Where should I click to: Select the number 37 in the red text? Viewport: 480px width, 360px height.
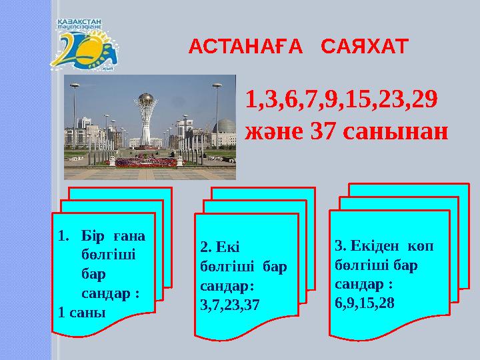point(326,131)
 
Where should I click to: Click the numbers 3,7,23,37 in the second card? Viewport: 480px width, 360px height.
point(230,304)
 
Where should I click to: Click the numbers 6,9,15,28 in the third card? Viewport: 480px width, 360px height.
point(365,303)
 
